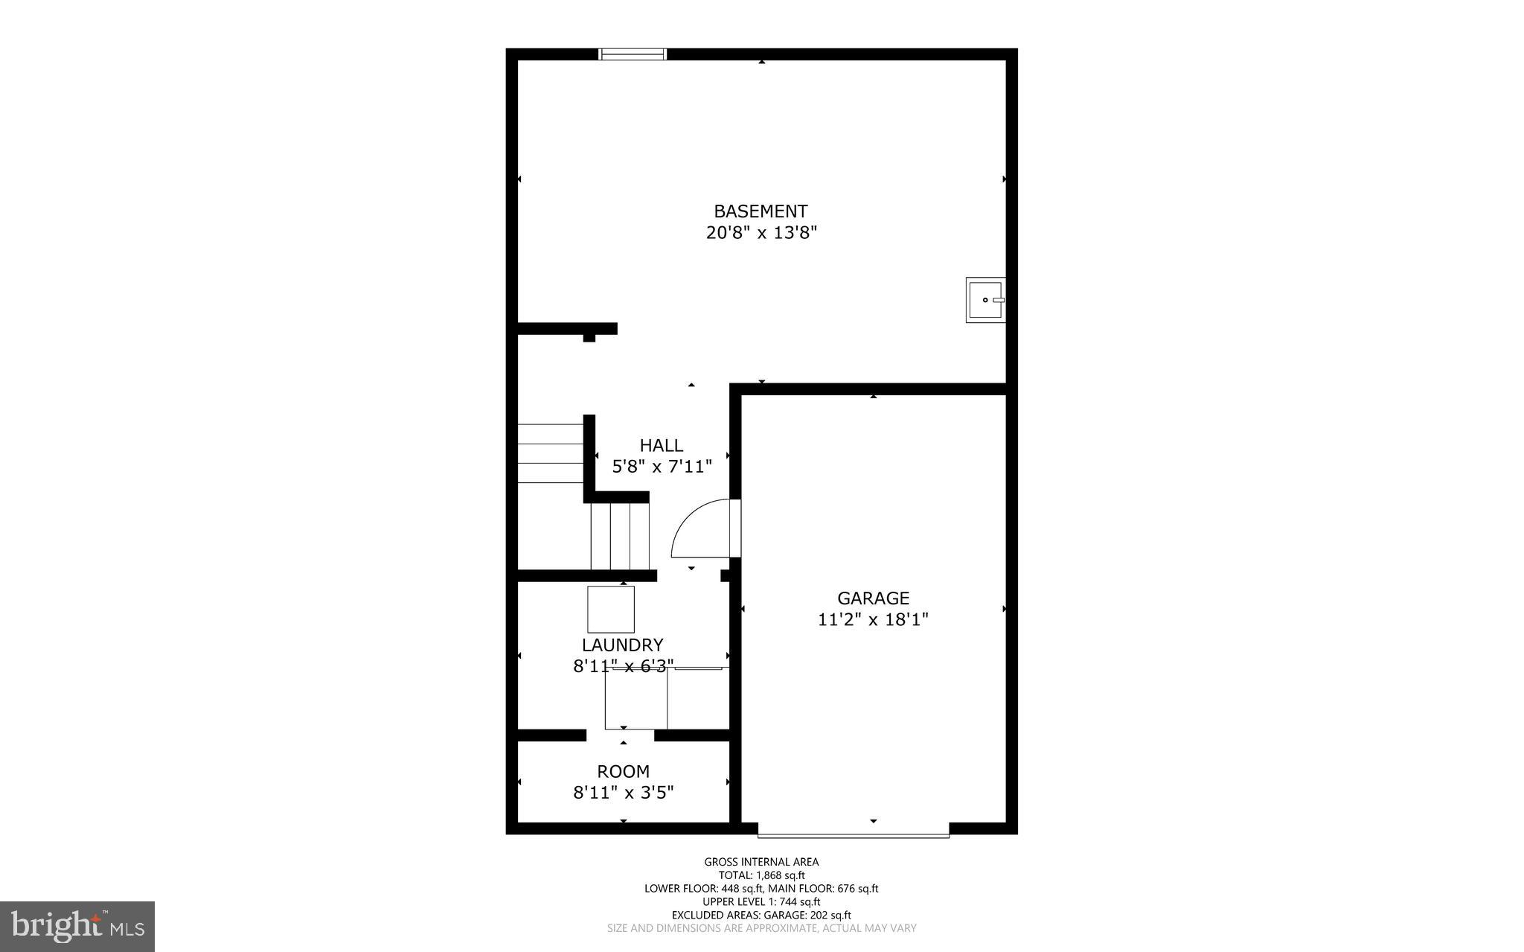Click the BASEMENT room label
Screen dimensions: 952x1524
coord(761,211)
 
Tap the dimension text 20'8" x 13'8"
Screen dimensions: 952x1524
coord(761,233)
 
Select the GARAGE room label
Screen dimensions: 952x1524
coord(873,598)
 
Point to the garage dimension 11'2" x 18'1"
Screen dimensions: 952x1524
coord(873,619)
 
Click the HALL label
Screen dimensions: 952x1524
coord(661,446)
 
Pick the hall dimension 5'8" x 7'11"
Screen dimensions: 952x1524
coord(662,467)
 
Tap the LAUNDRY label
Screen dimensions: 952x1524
coord(622,645)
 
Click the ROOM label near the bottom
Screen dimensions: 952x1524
coord(623,772)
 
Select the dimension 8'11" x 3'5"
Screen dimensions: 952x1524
coord(623,793)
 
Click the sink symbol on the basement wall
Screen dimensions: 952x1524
coord(985,300)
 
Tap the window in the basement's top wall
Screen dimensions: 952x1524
coord(633,54)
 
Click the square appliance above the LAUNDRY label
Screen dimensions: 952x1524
coord(611,610)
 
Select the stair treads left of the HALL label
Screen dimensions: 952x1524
coord(550,453)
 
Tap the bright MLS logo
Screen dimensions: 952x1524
coord(77,926)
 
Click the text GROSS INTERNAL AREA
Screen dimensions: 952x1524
coord(761,862)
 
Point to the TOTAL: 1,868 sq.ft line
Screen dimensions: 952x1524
coord(761,875)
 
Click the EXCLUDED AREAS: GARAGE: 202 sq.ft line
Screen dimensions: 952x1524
coord(761,915)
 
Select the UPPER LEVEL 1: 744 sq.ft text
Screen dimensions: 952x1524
coord(761,901)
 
